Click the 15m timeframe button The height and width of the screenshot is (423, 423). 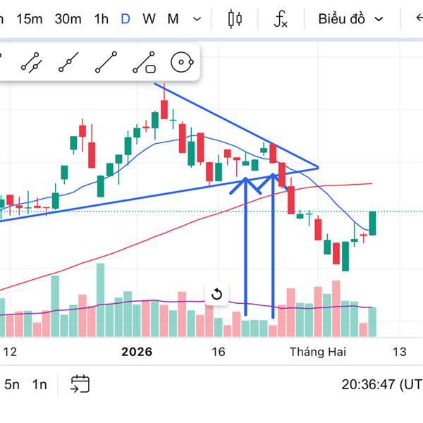29,19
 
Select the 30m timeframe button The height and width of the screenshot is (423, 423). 68,19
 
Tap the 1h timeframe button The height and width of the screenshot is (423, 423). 101,19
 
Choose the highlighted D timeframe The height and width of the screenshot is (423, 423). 125,19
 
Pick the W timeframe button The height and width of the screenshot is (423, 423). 149,19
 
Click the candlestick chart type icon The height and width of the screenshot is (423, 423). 235,19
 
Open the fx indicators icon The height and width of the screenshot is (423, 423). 281,19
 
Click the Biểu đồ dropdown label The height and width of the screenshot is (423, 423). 342,19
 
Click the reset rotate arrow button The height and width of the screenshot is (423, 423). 216,294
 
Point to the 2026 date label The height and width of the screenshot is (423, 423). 137,352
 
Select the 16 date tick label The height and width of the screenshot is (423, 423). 218,352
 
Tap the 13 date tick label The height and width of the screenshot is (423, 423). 399,352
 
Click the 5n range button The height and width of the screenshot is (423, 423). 12,384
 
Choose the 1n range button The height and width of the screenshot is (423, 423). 39,384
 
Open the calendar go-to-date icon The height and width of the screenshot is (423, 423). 80,384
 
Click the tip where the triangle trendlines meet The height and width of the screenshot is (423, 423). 319,168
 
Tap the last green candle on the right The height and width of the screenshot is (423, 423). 373,223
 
